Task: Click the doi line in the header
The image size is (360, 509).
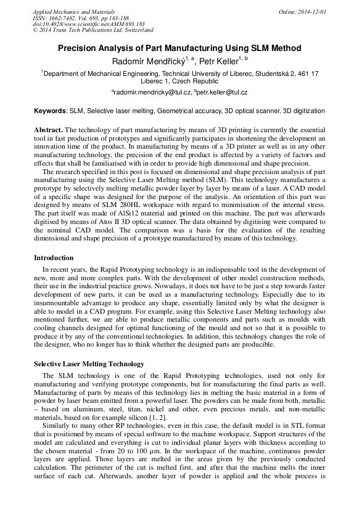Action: [89, 24]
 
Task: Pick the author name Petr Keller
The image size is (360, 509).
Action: [218, 62]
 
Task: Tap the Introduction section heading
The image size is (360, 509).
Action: [54, 258]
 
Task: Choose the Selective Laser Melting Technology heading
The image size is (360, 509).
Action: [89, 364]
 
